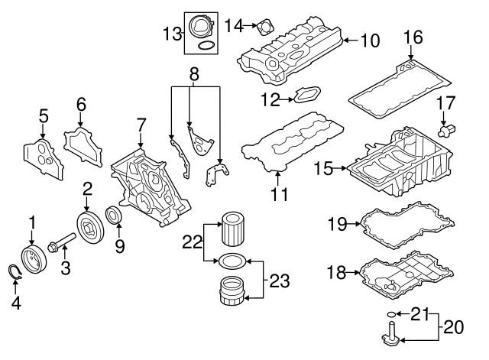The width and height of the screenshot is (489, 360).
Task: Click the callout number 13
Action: pos(172,32)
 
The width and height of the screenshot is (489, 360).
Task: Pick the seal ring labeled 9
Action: pos(115,215)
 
